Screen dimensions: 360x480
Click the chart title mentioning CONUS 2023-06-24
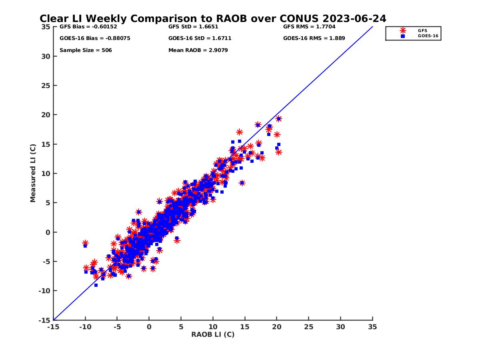(x=213, y=19)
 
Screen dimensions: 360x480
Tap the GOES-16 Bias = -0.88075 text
(x=95, y=38)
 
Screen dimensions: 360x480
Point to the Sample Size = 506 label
(x=86, y=50)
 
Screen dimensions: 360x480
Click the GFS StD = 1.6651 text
(x=193, y=27)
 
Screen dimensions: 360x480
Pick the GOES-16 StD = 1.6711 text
(x=200, y=38)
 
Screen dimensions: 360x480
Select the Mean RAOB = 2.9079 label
(x=198, y=50)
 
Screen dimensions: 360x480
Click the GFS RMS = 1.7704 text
(x=309, y=27)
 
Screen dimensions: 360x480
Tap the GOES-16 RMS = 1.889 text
(x=314, y=38)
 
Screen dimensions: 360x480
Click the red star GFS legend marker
(x=403, y=30)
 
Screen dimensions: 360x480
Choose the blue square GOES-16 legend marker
(x=403, y=36)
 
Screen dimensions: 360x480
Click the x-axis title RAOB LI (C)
(x=213, y=334)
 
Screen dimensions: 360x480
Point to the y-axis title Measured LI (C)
(x=33, y=174)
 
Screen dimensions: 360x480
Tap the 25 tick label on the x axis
(x=308, y=327)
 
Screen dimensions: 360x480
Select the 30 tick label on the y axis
(x=46, y=56)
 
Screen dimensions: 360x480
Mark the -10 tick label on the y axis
(x=44, y=291)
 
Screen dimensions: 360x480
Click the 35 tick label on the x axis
(x=372, y=327)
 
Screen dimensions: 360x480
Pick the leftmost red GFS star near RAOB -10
(x=85, y=243)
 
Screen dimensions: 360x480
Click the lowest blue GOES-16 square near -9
(x=96, y=285)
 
